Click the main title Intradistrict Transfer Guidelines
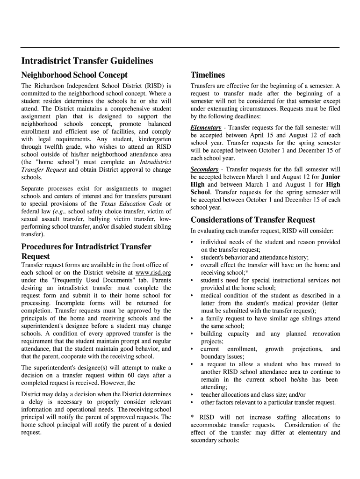tap(87, 61)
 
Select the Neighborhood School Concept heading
tap(74, 75)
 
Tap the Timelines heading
tap(208, 75)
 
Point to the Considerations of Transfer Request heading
tap(253, 219)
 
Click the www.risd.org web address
tap(153, 273)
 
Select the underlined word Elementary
tap(206, 128)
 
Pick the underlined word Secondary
tap(204, 169)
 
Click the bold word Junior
tap(331, 177)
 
